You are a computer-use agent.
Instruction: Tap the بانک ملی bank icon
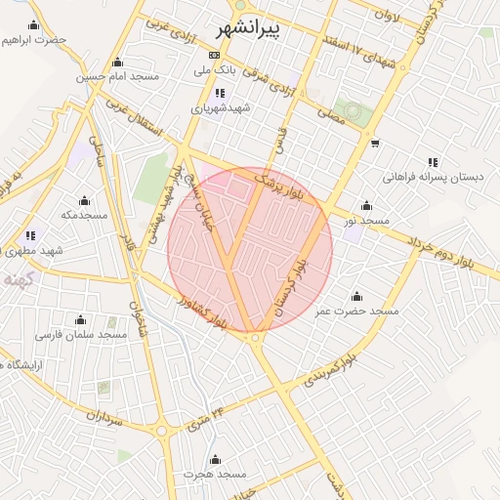point(214,55)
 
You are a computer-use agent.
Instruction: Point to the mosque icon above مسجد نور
point(366,205)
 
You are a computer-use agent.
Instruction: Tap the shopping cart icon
point(375,144)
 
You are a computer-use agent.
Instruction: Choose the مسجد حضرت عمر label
point(356,311)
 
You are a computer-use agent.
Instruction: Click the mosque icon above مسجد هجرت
point(215,459)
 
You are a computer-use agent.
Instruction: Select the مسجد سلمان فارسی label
point(82,334)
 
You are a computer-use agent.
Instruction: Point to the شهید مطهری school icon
point(30,235)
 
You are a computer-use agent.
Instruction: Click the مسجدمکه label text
point(83,214)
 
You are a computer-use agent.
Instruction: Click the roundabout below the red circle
point(256,338)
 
